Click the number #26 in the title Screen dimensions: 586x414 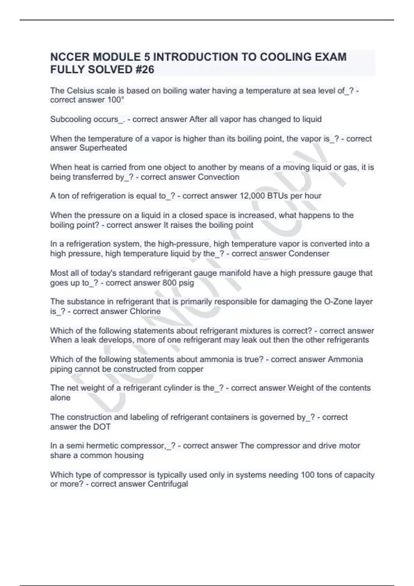click(x=143, y=70)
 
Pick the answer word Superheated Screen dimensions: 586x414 click(x=103, y=148)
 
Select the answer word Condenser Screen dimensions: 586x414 click(x=309, y=254)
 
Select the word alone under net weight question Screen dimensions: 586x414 click(x=60, y=398)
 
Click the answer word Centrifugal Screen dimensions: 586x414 click(x=168, y=484)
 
